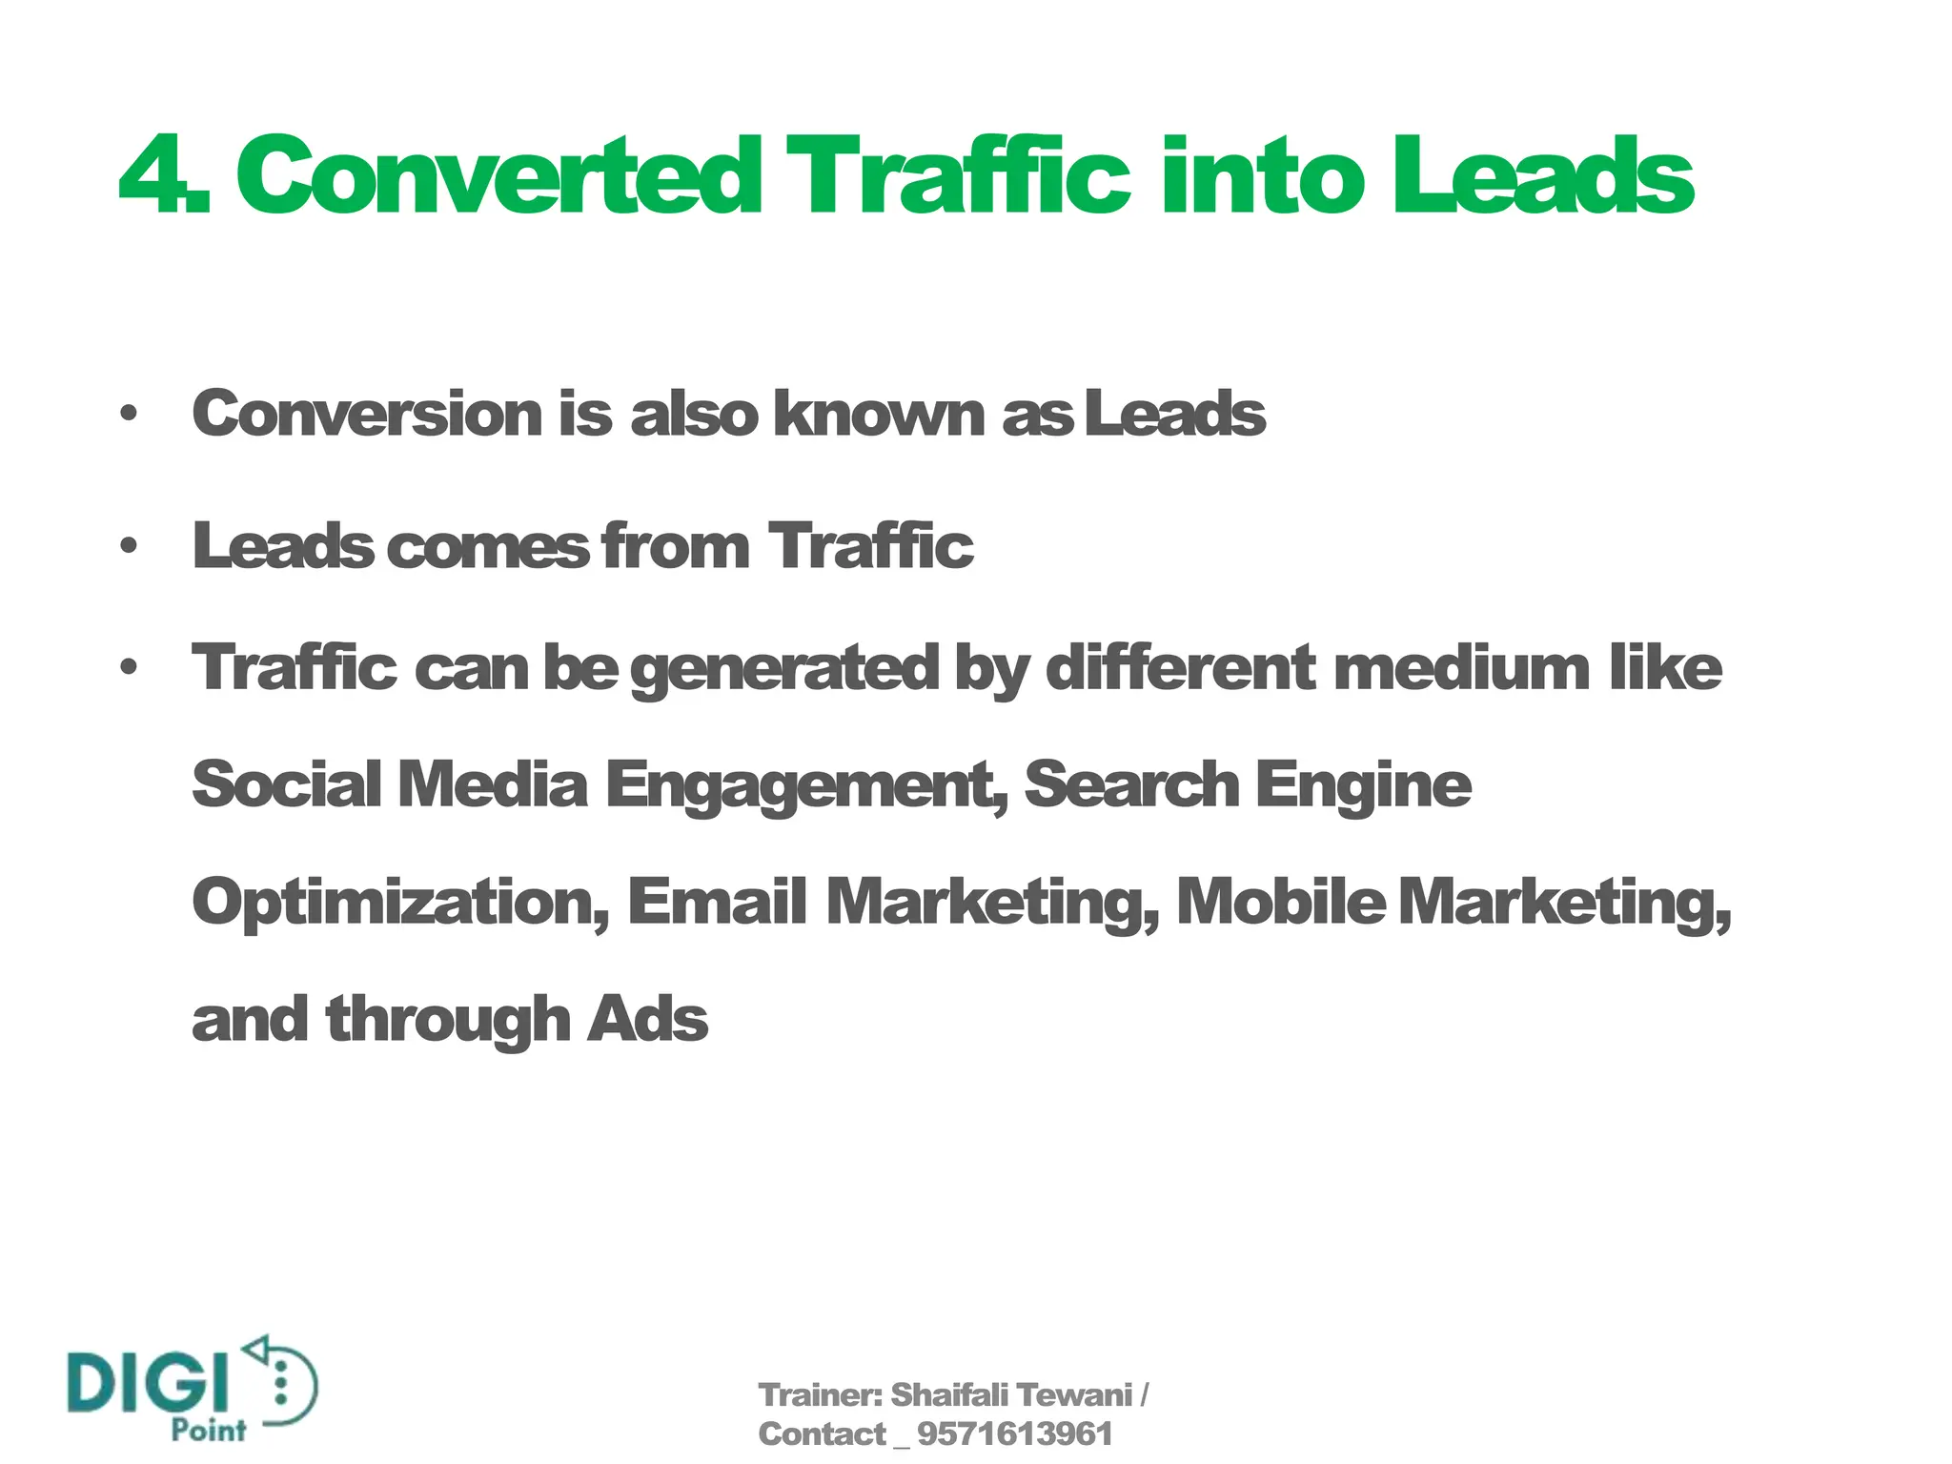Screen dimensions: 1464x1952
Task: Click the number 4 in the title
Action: click(152, 177)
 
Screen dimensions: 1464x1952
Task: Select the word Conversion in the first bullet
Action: click(367, 415)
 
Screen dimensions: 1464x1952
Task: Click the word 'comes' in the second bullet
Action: click(489, 547)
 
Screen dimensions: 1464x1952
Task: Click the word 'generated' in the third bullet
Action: click(784, 669)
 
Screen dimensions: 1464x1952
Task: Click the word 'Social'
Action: click(287, 785)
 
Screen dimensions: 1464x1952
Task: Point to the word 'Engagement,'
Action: click(806, 787)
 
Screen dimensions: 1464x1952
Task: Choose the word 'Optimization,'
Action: click(400, 904)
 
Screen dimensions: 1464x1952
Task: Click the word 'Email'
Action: click(717, 902)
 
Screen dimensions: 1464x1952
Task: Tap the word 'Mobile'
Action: click(1281, 902)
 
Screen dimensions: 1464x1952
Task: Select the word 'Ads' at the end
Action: click(648, 1020)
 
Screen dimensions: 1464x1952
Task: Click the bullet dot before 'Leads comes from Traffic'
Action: click(129, 547)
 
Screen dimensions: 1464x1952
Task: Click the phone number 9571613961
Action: click(1014, 1433)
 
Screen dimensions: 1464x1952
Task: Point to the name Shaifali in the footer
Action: click(948, 1395)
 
